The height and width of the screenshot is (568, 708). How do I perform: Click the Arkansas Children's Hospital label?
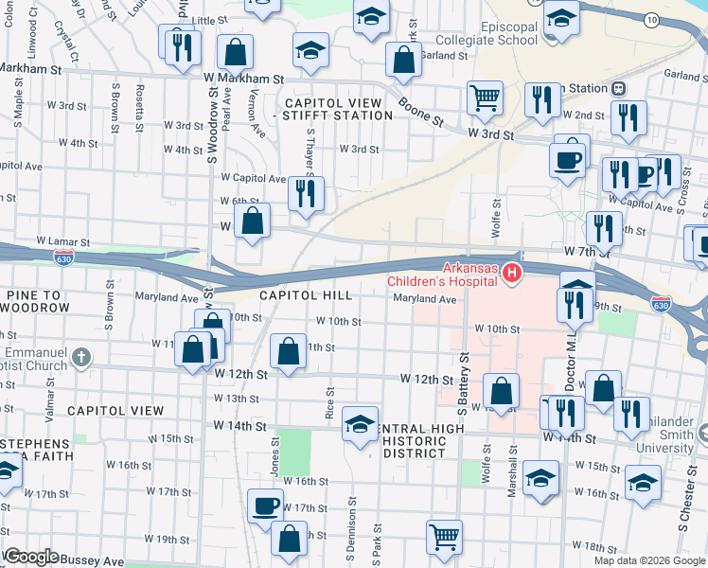[x=440, y=273]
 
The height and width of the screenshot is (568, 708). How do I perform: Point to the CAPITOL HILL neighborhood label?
[x=306, y=295]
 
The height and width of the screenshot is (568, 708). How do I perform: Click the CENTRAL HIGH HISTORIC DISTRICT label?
[x=414, y=440]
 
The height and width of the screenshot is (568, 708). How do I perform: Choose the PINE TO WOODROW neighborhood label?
[x=38, y=302]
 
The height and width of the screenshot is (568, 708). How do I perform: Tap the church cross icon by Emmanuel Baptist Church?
[x=82, y=357]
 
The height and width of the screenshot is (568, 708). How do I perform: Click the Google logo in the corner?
[x=30, y=556]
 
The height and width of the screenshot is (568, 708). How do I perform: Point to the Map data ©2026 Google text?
[x=649, y=560]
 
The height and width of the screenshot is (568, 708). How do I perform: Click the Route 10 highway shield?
[x=651, y=19]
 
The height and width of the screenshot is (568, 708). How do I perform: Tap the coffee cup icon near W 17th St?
[x=266, y=505]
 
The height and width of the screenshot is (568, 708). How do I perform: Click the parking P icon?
[x=646, y=175]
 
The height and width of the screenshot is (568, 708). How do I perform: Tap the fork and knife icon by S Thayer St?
[x=306, y=193]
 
